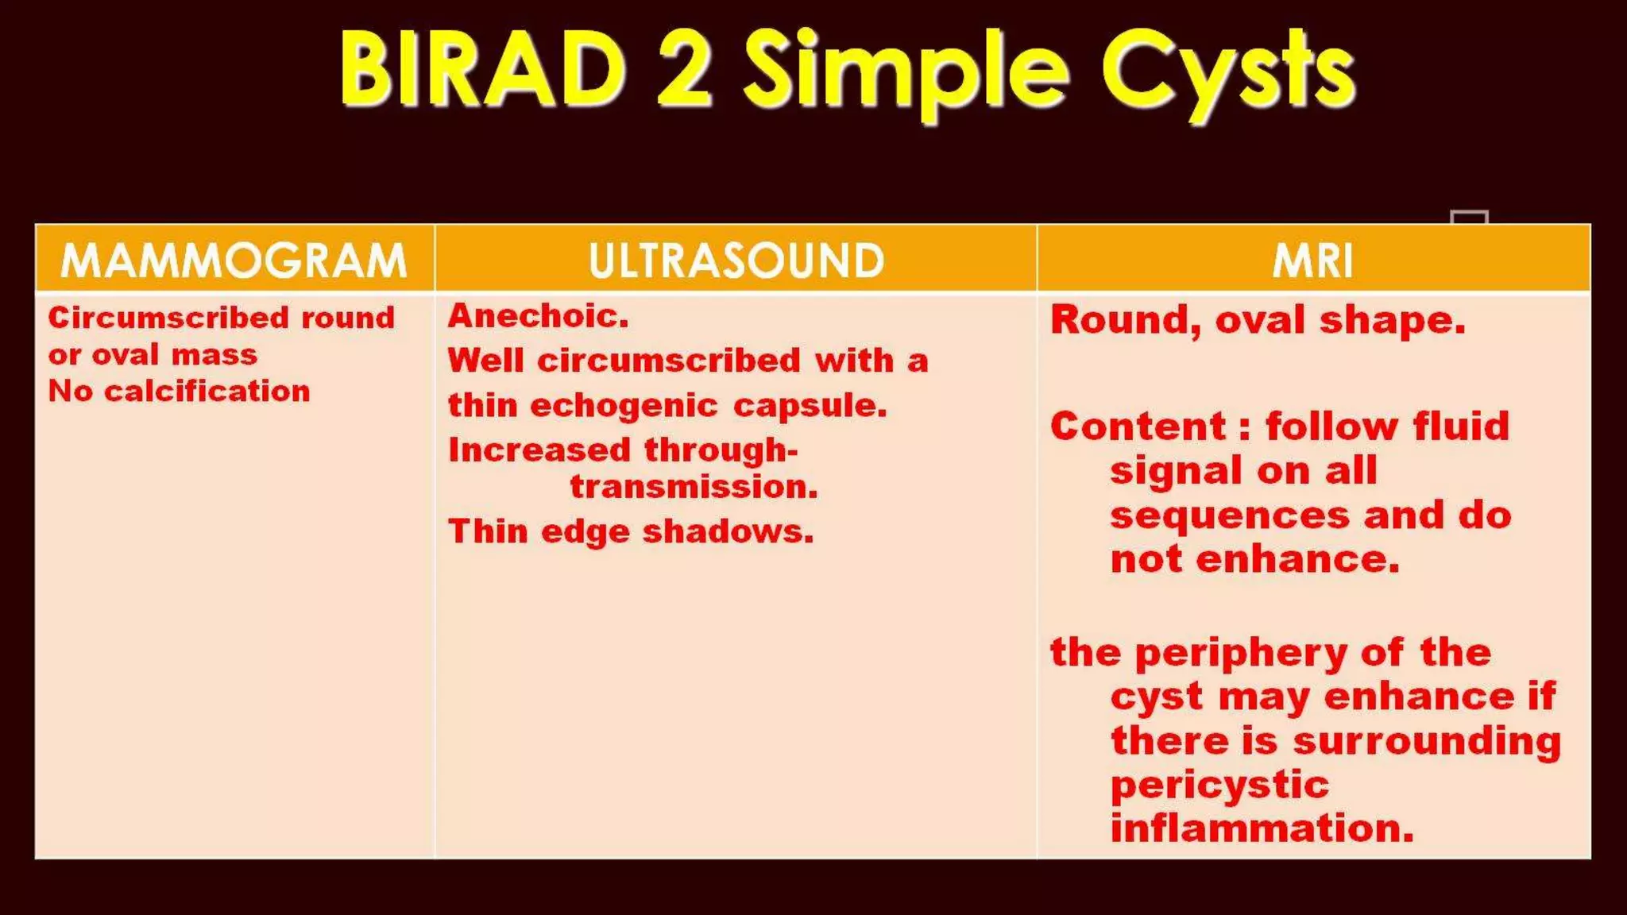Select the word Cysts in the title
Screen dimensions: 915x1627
(x=1228, y=73)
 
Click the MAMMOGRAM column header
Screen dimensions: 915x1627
(x=234, y=261)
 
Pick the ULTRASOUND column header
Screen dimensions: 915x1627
(x=736, y=261)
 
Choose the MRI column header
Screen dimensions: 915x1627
(x=1313, y=261)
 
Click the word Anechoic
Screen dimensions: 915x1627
(x=538, y=317)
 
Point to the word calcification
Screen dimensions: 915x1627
(x=207, y=392)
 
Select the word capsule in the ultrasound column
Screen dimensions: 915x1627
(x=809, y=407)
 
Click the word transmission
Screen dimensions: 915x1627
(x=694, y=487)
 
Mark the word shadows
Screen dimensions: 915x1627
(x=728, y=531)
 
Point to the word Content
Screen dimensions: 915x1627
(x=1138, y=427)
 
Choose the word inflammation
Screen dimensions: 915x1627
(x=1262, y=828)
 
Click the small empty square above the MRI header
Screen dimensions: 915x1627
(x=1468, y=218)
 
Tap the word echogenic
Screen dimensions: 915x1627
(x=624, y=407)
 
